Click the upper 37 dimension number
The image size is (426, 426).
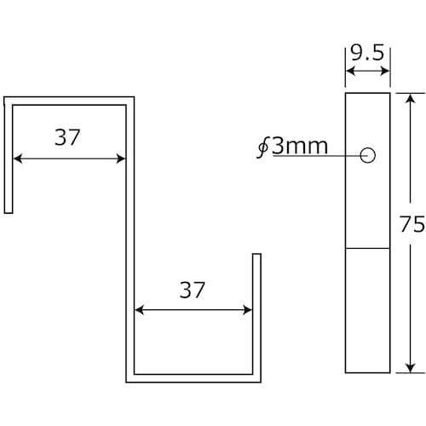tap(67, 138)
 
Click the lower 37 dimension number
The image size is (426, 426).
tap(193, 290)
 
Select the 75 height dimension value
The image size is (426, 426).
tap(412, 225)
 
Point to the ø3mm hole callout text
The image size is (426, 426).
tap(293, 146)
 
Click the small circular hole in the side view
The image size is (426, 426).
tap(368, 155)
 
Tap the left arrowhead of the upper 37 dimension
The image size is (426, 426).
tap(17, 158)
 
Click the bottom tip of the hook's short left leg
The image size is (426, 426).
tap(8, 211)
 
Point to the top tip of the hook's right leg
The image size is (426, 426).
tap(256, 255)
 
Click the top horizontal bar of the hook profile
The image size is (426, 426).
tap(68, 101)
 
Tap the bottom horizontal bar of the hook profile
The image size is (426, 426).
tap(193, 376)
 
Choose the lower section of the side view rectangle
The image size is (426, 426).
tap(367, 311)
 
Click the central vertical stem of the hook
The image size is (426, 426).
tap(130, 239)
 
